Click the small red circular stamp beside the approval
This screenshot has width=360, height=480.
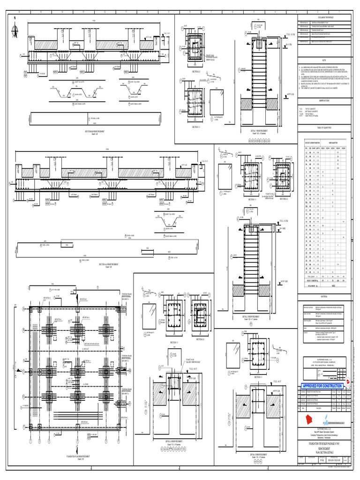[x=347, y=385]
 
